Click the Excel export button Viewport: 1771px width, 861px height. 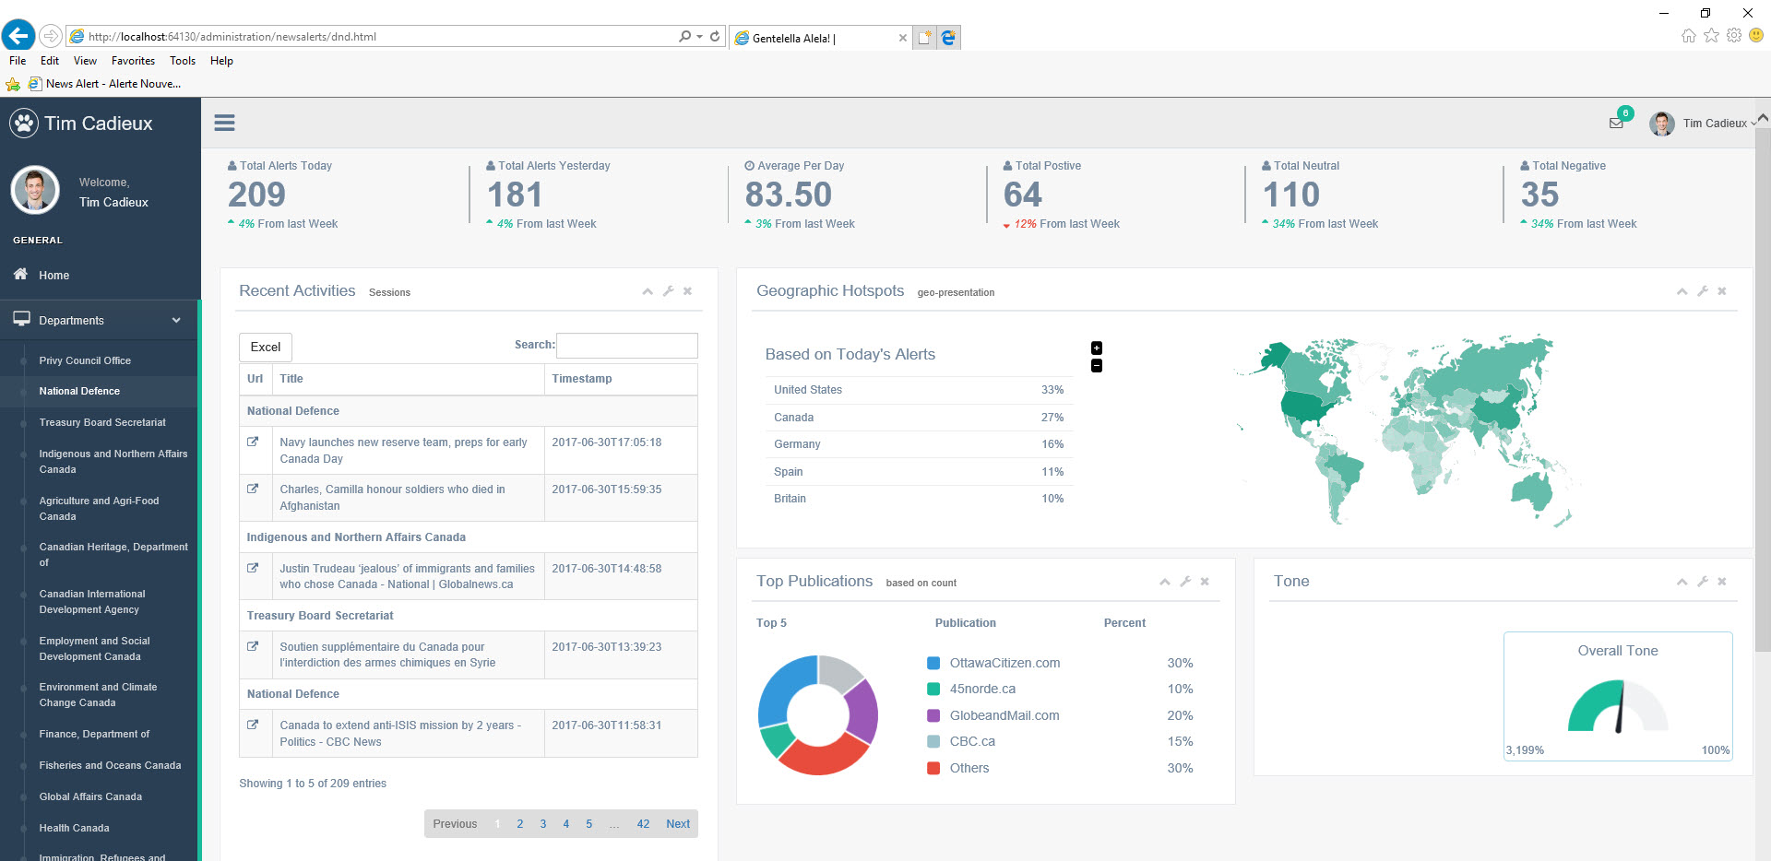pos(266,347)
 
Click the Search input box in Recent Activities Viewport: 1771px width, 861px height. pos(627,346)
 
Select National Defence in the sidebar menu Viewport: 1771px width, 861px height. pos(79,391)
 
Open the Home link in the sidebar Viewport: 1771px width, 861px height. pos(53,275)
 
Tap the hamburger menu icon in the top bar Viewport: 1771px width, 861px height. pos(224,123)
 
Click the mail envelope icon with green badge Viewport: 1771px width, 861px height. pos(1616,123)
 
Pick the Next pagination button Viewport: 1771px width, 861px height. pos(678,824)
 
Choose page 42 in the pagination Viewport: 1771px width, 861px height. pos(643,824)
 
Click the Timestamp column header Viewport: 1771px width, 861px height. pos(582,379)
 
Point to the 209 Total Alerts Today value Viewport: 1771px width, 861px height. pos(256,195)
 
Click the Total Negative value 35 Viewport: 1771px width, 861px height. pos(1539,195)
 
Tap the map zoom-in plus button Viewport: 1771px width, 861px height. pos(1097,348)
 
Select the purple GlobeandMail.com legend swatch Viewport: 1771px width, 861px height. pos(933,715)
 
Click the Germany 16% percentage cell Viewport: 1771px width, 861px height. pos(1052,444)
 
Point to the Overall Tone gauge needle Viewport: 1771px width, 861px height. pos(1621,707)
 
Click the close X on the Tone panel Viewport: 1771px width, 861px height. pos(1722,582)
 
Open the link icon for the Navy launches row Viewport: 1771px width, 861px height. pos(253,442)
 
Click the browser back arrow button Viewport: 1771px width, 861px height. pos(18,36)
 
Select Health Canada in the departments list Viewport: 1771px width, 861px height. pos(74,828)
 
